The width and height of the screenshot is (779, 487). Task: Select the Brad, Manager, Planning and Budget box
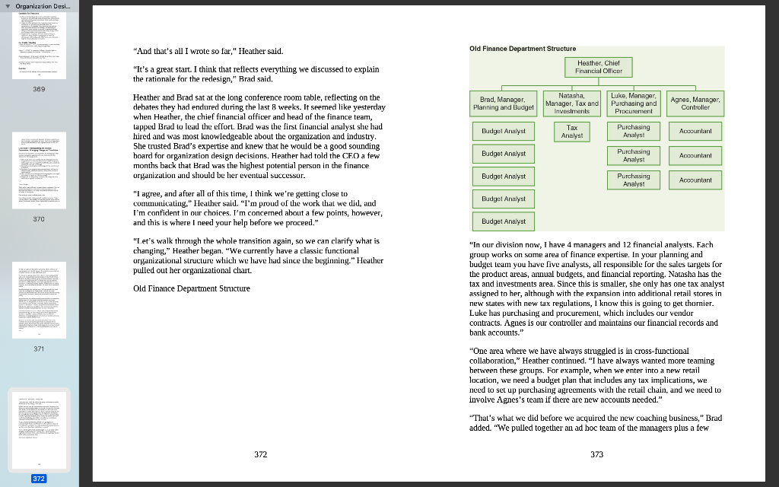coord(503,103)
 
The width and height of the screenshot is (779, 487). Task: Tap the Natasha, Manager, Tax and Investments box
coord(572,103)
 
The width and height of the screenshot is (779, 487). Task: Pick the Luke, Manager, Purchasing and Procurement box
coord(633,103)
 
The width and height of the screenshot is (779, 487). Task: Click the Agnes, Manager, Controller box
coord(695,103)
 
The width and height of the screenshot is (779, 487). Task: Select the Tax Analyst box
coord(572,132)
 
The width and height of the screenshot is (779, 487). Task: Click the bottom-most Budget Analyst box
coord(504,221)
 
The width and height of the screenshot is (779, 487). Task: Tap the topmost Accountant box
coord(695,132)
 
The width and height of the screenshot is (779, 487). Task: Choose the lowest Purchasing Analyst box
coord(633,180)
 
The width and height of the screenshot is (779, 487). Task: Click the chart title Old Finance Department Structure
coord(523,49)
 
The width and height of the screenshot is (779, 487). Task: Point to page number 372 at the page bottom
coord(260,454)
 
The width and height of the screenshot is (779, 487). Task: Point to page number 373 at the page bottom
coord(596,454)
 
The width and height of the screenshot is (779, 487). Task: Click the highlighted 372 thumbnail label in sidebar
coord(39,479)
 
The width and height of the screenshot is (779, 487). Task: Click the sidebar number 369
coord(39,89)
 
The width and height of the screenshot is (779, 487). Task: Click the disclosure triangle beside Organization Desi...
coord(7,6)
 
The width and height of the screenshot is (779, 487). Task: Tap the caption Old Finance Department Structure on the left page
coord(191,288)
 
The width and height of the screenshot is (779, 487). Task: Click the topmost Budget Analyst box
coord(504,132)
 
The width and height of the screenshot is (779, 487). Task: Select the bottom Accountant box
coord(695,180)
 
